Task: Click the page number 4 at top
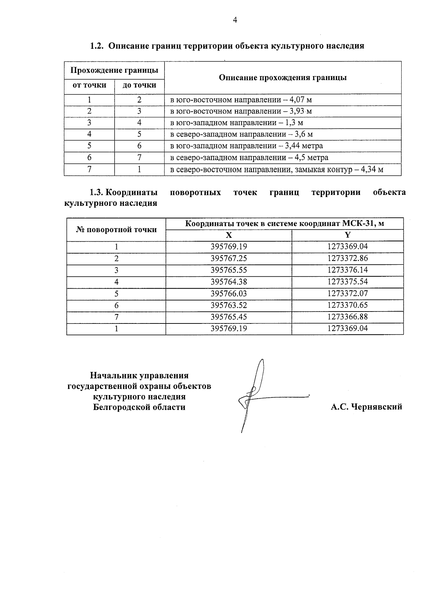(x=235, y=20)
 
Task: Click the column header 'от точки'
(x=89, y=85)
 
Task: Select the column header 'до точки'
(x=139, y=85)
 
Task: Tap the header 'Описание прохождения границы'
(x=283, y=78)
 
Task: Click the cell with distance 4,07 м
(x=241, y=100)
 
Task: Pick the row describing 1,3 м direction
(x=236, y=123)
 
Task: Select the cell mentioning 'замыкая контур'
(x=276, y=170)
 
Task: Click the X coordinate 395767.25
(x=229, y=258)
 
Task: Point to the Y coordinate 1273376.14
(x=347, y=270)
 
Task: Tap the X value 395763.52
(x=229, y=305)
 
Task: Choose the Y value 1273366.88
(x=347, y=317)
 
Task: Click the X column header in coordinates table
(x=229, y=235)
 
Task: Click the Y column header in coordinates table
(x=347, y=235)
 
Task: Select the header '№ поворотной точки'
(x=116, y=230)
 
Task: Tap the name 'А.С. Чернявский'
(x=366, y=407)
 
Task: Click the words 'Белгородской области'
(x=139, y=407)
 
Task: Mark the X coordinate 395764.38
(x=229, y=282)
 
